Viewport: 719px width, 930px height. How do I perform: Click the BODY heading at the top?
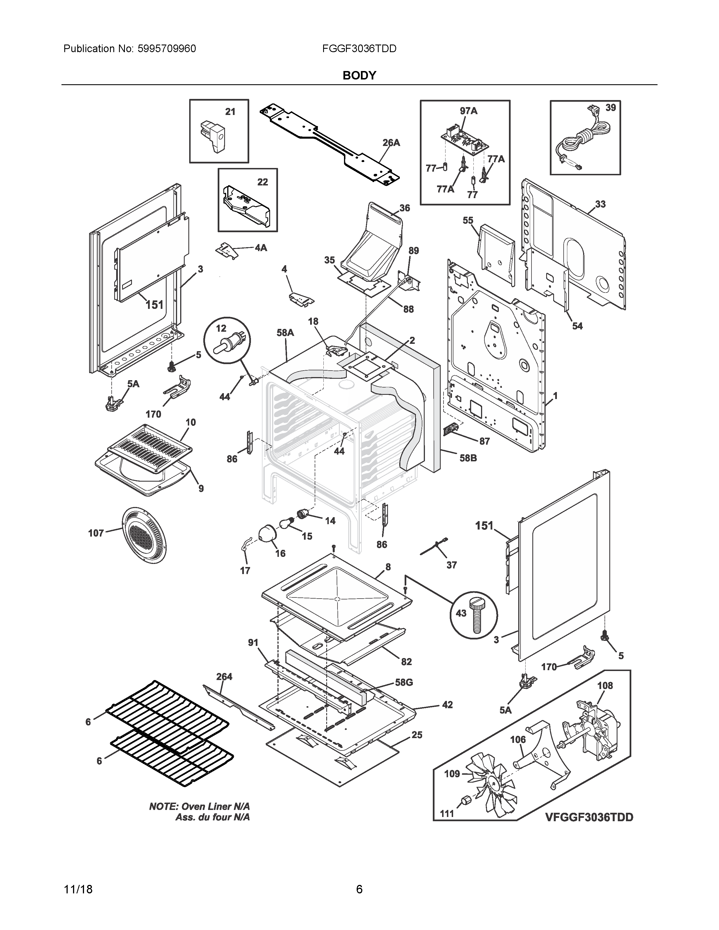(359, 75)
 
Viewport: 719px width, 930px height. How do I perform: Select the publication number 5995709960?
(167, 48)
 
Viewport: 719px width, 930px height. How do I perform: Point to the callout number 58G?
(403, 682)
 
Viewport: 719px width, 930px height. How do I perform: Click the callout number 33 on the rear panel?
(600, 204)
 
